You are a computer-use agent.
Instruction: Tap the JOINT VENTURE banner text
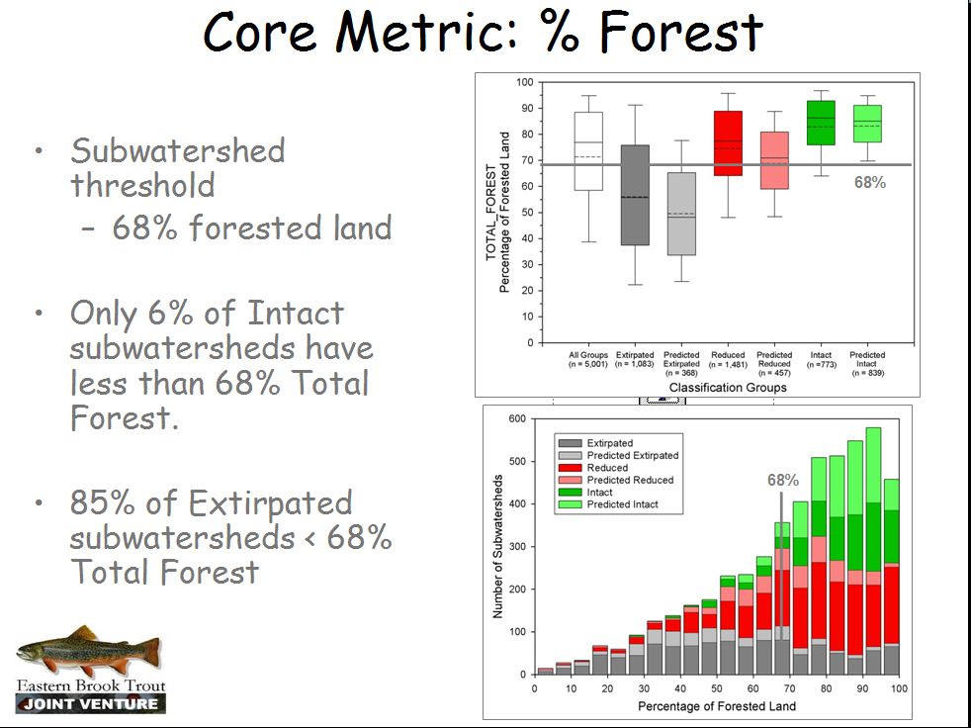tap(91, 704)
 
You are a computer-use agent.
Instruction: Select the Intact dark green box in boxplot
tap(821, 123)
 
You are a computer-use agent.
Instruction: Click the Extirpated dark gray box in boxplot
tap(634, 195)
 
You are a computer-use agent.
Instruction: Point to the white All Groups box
tap(587, 150)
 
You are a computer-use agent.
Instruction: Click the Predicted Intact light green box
tap(867, 124)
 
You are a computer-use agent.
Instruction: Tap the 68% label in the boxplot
tap(869, 183)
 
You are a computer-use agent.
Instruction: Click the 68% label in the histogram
tap(782, 480)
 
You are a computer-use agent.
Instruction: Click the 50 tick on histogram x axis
tap(717, 689)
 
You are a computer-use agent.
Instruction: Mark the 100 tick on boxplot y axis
tap(523, 82)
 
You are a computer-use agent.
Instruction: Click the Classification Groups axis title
tap(728, 387)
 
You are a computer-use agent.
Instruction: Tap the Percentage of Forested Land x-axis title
tap(716, 706)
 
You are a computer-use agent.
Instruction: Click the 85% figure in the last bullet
tap(102, 502)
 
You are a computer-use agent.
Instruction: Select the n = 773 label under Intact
tap(821, 365)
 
